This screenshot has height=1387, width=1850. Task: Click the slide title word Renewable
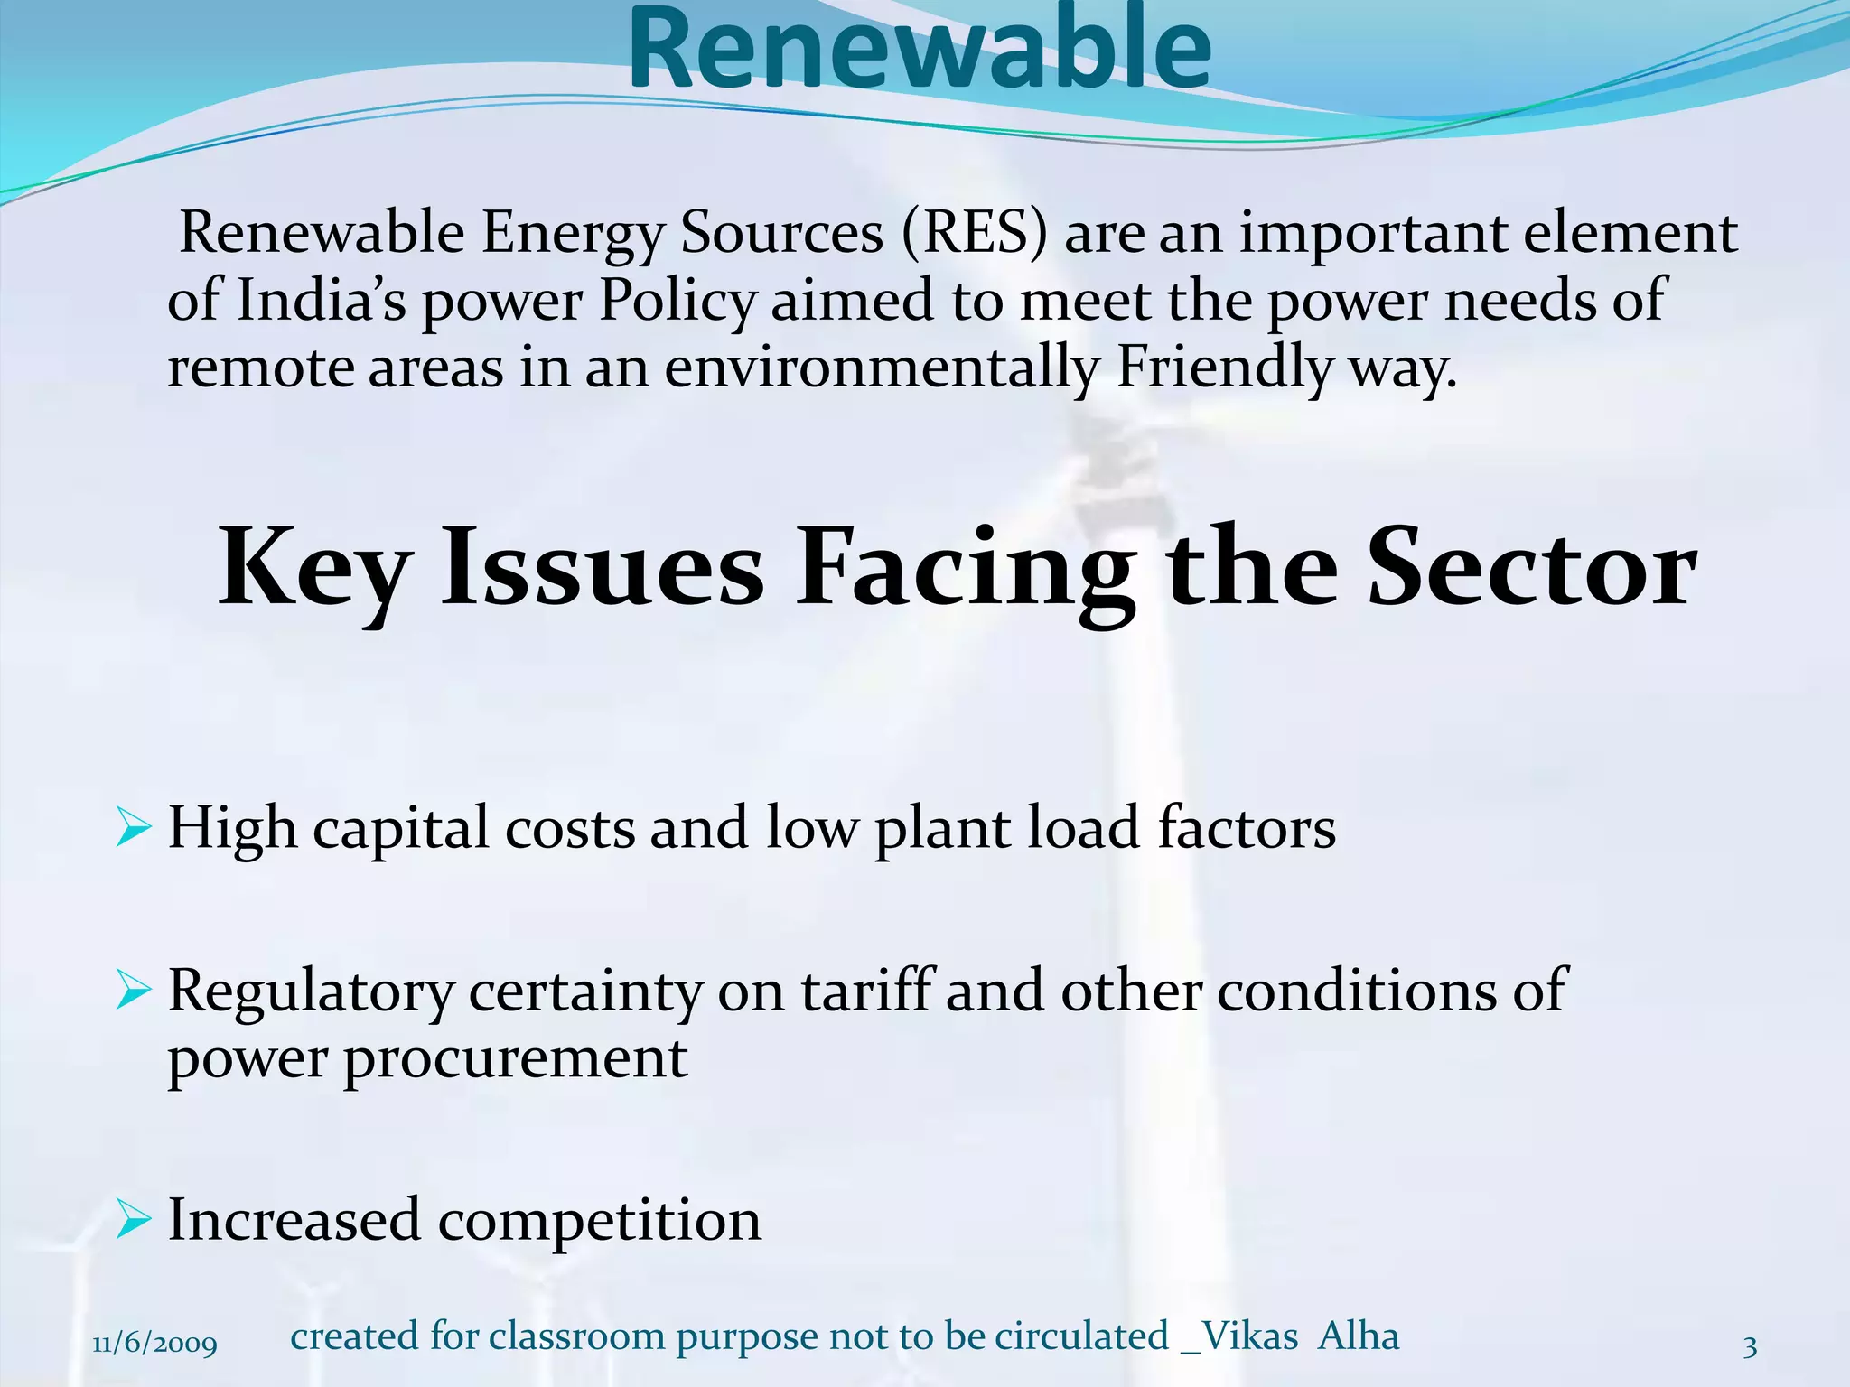pos(920,50)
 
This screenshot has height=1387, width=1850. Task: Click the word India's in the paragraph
pos(321,300)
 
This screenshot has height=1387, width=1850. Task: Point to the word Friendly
pos(1224,368)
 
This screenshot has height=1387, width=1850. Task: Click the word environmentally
pos(883,368)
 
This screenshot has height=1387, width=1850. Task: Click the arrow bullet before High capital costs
pos(134,828)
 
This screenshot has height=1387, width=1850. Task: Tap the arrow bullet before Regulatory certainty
pos(134,991)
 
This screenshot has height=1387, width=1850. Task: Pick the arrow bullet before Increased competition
pos(134,1220)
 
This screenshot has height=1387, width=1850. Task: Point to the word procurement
pos(516,1058)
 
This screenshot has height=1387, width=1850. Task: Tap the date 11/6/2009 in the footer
pos(154,1345)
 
